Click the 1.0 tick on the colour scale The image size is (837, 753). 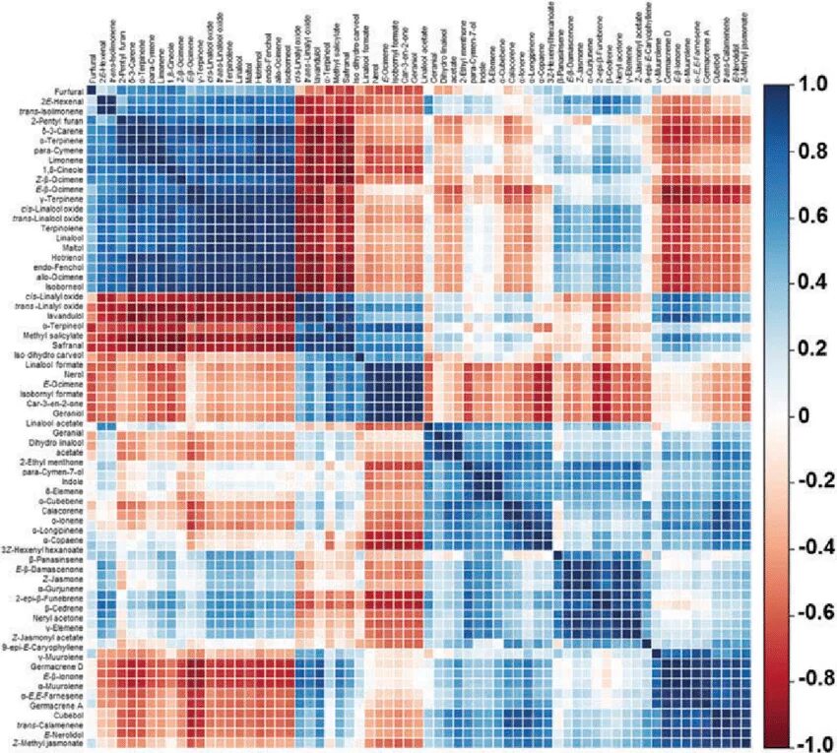point(808,86)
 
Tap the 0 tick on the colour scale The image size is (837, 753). point(804,415)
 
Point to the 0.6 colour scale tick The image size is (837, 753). point(808,218)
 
